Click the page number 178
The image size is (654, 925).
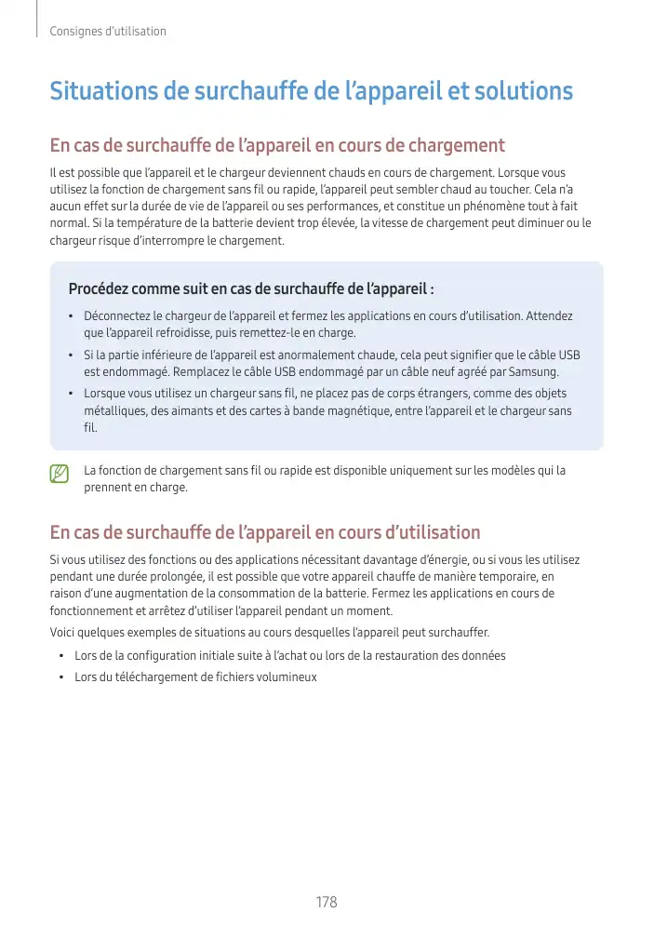click(326, 903)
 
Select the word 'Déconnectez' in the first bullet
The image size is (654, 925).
click(114, 316)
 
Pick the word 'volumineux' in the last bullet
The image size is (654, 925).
click(286, 677)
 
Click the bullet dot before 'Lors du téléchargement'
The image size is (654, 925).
click(62, 677)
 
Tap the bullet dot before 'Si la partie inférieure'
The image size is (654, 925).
click(72, 355)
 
